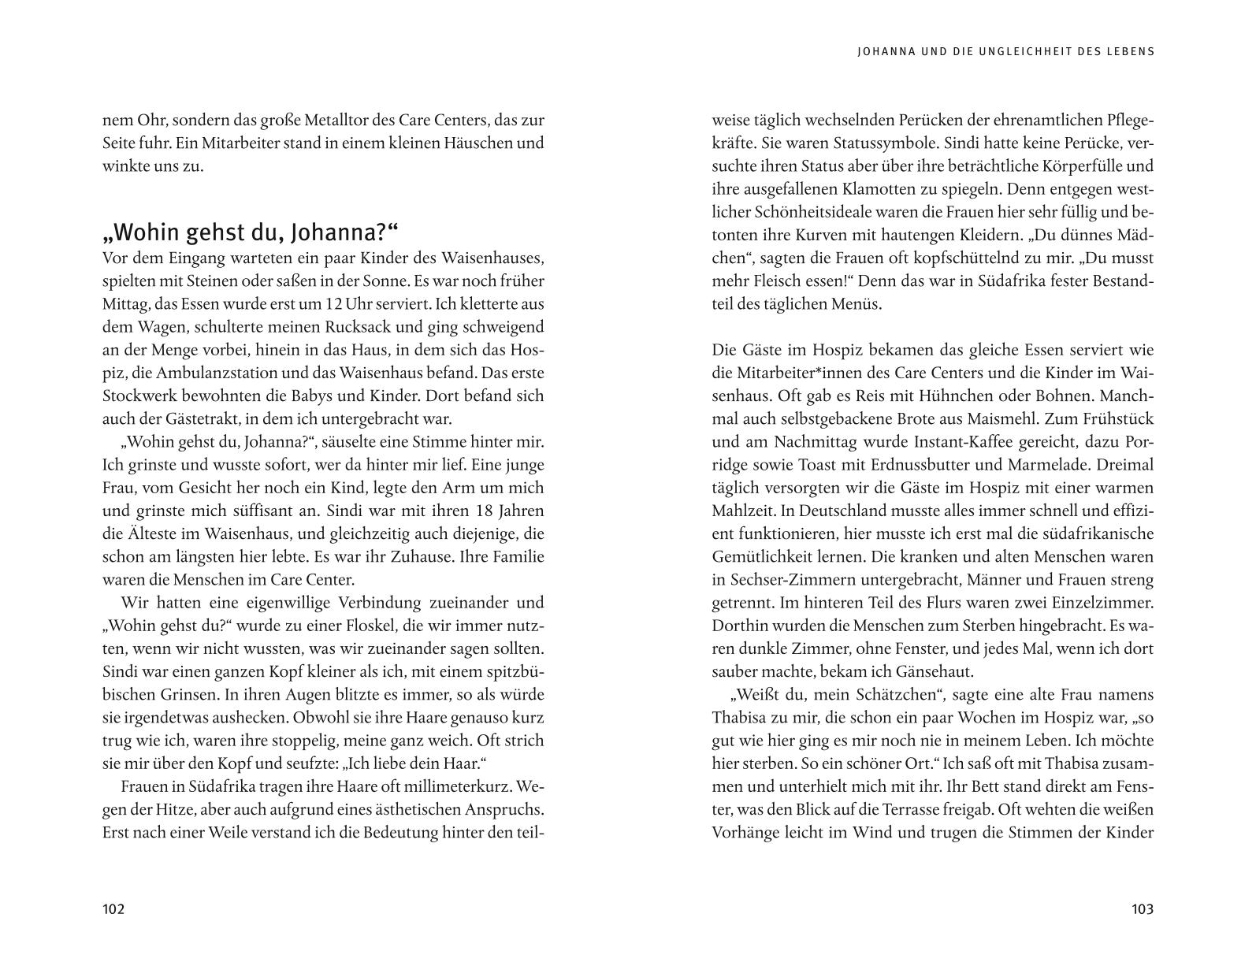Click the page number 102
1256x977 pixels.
[x=113, y=909]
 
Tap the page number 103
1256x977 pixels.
[x=1142, y=909]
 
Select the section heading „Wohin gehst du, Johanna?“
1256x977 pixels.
[x=251, y=233]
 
